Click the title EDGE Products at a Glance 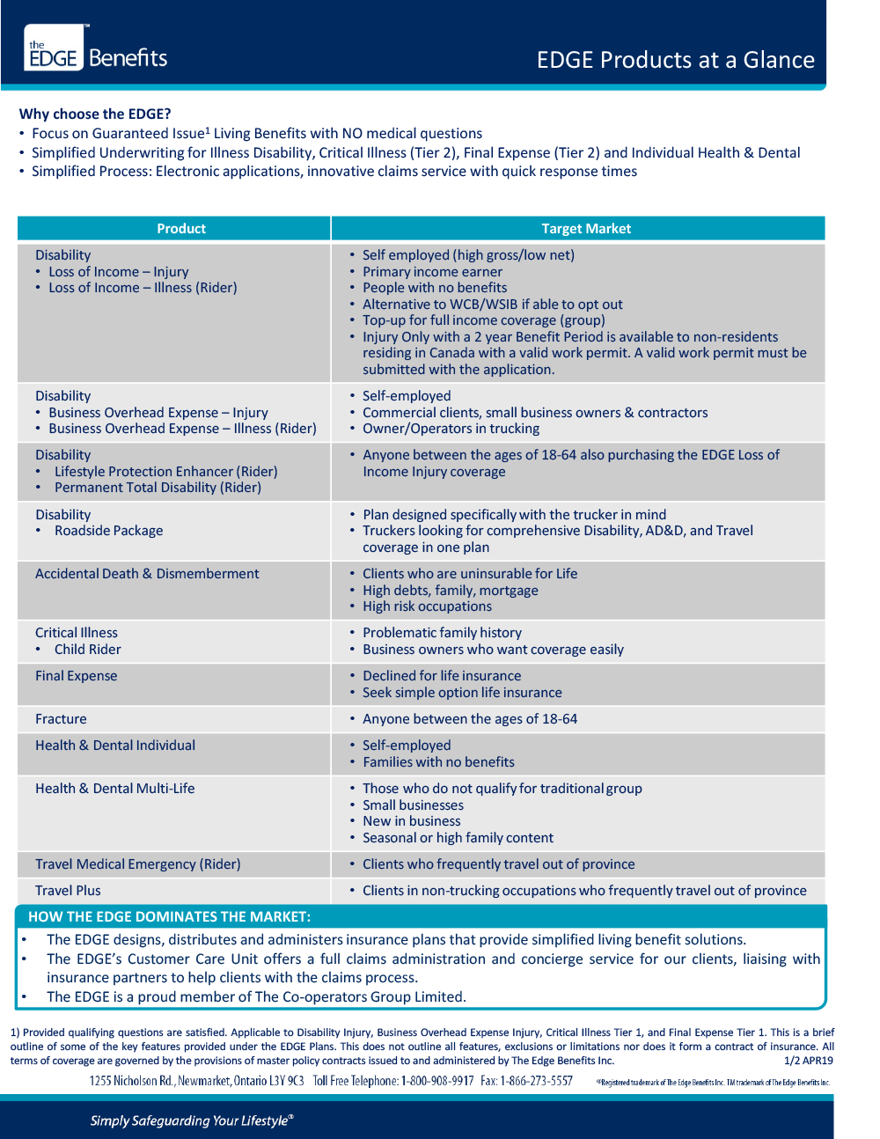675,60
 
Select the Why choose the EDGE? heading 95,114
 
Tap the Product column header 181,229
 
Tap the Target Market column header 586,229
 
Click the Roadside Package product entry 108,531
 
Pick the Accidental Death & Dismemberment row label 147,574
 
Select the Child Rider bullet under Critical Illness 87,650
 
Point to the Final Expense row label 76,676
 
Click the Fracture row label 61,719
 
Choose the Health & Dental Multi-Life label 114,789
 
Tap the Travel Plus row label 68,891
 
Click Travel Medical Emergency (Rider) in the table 137,864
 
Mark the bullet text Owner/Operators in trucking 451,429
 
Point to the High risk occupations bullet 427,606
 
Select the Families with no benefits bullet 438,762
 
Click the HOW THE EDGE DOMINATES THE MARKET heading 169,916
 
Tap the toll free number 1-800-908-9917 437,1081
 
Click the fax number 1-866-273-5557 537,1081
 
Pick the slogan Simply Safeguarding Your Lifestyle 191,1121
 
